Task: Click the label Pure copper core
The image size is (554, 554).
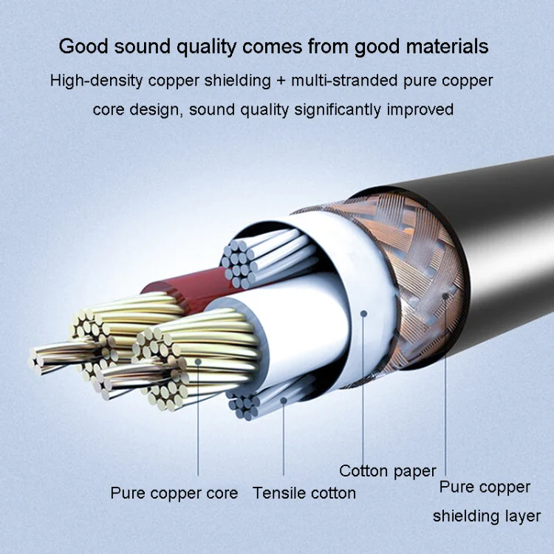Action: pos(174,493)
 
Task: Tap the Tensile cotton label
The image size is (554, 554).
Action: pos(304,493)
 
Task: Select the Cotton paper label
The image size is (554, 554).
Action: pos(388,471)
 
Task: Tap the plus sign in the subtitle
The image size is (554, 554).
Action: pos(281,81)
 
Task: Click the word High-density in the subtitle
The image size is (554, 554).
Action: pos(97,81)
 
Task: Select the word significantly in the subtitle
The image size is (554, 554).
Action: pos(338,109)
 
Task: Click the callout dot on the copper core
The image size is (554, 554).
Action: pos(198,362)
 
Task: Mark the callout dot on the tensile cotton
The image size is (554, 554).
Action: pos(284,400)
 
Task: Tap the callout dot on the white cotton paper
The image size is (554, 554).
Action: pos(363,313)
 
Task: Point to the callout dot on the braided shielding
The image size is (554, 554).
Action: pos(445,296)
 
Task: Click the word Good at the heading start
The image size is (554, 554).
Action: pos(83,47)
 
